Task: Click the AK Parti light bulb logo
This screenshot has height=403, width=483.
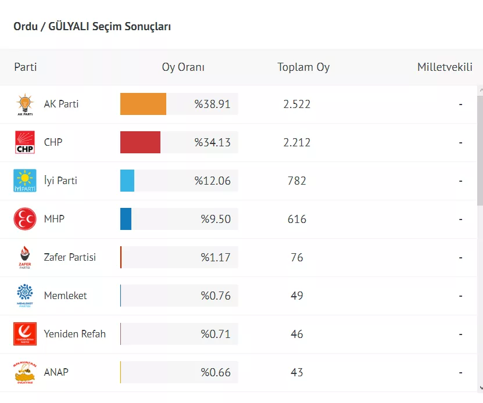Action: pyautogui.click(x=25, y=105)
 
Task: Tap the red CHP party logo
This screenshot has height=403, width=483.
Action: pyautogui.click(x=25, y=143)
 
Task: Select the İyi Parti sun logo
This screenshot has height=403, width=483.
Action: pyautogui.click(x=25, y=181)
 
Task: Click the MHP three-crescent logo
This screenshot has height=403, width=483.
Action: pyautogui.click(x=25, y=219)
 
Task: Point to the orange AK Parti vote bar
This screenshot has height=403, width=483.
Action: pyautogui.click(x=143, y=105)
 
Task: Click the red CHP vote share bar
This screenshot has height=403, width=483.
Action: pyautogui.click(x=140, y=143)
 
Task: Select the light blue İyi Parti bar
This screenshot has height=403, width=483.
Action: pyautogui.click(x=127, y=181)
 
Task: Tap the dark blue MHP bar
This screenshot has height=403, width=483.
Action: pyautogui.click(x=126, y=219)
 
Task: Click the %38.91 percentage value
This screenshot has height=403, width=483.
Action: pyautogui.click(x=213, y=105)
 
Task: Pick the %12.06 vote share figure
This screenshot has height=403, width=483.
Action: pyautogui.click(x=213, y=181)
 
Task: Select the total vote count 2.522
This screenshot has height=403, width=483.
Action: pyautogui.click(x=297, y=105)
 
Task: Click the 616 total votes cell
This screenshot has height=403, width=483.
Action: pyautogui.click(x=297, y=219)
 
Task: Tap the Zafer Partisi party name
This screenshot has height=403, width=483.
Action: pyautogui.click(x=70, y=257)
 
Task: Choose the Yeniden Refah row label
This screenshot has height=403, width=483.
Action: pyautogui.click(x=75, y=334)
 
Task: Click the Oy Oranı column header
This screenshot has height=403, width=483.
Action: pyautogui.click(x=183, y=67)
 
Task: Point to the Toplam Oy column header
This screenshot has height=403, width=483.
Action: pyautogui.click(x=303, y=67)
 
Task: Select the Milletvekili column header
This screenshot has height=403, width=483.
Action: pyautogui.click(x=445, y=67)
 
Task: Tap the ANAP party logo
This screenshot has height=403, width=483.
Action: pyautogui.click(x=25, y=372)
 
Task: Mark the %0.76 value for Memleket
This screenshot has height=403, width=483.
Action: pyautogui.click(x=216, y=296)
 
